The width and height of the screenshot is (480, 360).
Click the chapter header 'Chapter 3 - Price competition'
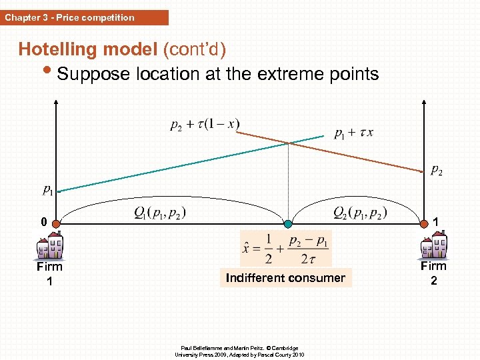coord(70,17)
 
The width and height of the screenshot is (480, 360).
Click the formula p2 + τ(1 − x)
coord(205,124)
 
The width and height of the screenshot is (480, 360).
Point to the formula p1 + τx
coord(353,132)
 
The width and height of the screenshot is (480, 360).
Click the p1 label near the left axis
coord(49,191)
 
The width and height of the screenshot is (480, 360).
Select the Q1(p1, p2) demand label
coord(159,213)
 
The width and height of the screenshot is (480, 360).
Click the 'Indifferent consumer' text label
coord(285,277)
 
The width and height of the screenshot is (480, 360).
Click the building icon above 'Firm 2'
coord(433,246)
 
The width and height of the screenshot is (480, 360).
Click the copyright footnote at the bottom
coord(239,351)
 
